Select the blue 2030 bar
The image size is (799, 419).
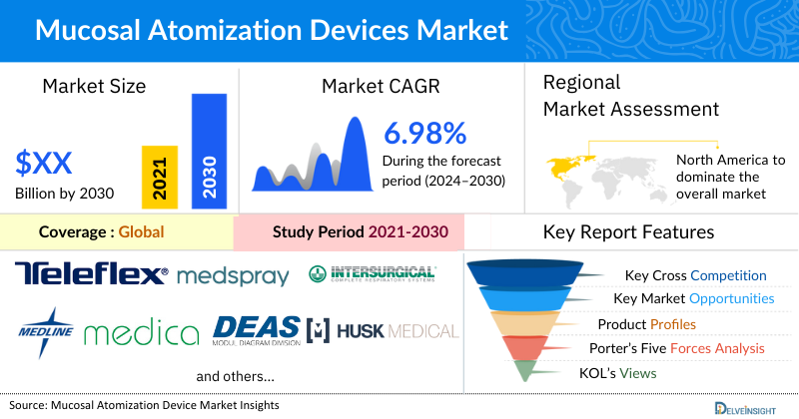point(209,151)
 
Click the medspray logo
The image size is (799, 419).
point(234,275)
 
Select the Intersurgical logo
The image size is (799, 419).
point(373,272)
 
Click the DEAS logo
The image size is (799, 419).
point(257,328)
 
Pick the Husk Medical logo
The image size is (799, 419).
point(385,330)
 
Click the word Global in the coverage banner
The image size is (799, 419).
point(141,232)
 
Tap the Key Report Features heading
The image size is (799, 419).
point(628,232)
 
